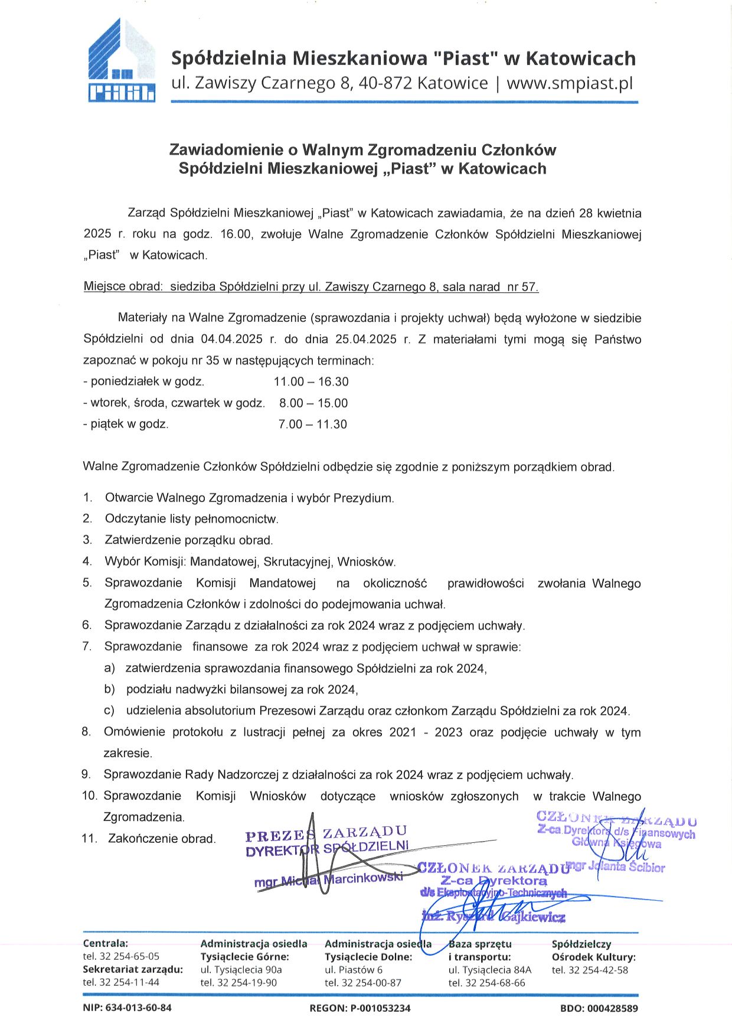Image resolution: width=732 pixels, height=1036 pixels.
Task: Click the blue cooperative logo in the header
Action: click(122, 61)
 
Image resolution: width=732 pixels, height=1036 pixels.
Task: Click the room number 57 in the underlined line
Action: click(529, 287)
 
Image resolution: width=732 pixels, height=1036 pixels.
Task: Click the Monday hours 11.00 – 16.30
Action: click(311, 382)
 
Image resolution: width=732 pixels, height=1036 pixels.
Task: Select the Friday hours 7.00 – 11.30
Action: click(312, 425)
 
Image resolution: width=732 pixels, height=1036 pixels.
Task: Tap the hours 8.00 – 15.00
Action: click(313, 403)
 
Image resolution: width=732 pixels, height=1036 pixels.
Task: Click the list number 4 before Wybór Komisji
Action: click(87, 562)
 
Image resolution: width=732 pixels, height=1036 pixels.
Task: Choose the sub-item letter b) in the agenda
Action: click(109, 690)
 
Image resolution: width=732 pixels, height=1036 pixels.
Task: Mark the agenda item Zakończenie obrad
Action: click(162, 839)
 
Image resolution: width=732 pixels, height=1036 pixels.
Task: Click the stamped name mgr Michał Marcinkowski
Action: click(328, 880)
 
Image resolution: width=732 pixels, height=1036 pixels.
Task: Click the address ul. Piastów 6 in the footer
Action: click(354, 970)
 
